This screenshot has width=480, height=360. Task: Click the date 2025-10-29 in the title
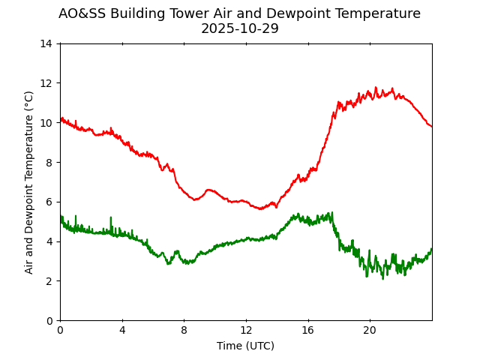pos(239,28)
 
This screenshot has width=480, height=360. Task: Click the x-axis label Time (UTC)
pos(245,346)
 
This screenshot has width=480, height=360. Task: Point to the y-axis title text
pos(29,182)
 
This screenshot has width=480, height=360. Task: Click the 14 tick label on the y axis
pos(46,43)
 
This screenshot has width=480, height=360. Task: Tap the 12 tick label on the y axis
pos(46,83)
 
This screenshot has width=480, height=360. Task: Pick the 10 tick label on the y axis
pos(46,123)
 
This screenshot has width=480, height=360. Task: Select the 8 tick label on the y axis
pos(49,162)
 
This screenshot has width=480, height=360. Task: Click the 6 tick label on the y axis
pos(49,202)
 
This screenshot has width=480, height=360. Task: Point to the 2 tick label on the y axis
pos(49,280)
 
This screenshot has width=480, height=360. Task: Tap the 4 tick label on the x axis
pos(122,331)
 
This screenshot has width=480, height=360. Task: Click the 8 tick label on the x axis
pos(184,331)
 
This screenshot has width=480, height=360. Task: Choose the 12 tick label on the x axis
pos(246,331)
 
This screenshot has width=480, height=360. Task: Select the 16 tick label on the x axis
pos(307,331)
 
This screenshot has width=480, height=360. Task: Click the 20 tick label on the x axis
pos(370,331)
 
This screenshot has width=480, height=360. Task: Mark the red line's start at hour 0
pos(61,119)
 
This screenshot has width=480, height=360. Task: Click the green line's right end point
pos(431,249)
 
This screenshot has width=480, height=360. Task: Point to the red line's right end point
pos(431,126)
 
